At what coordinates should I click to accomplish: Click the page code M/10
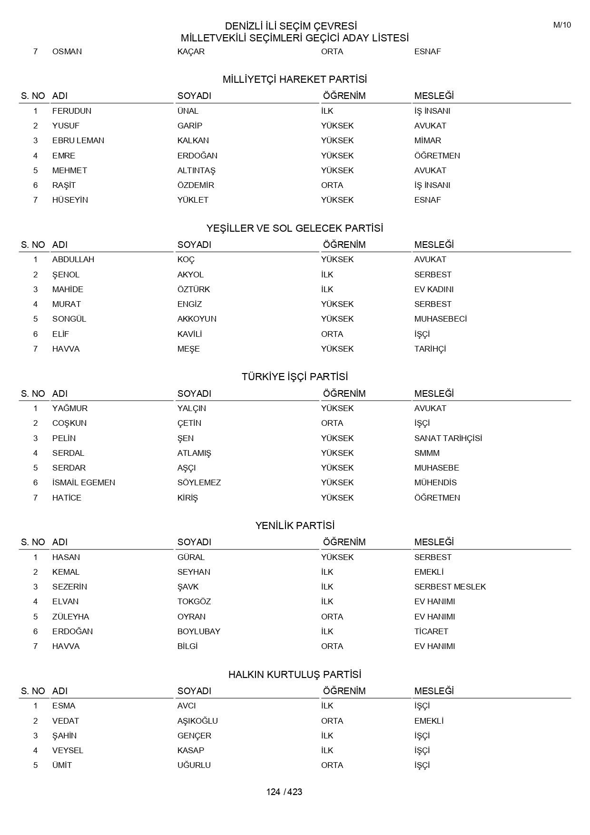pyautogui.click(x=561, y=25)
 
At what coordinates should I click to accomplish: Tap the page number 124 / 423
pyautogui.click(x=284, y=792)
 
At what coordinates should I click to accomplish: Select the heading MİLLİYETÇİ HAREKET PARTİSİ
pyautogui.click(x=295, y=79)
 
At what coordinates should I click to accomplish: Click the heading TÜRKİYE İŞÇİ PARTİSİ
pyautogui.click(x=295, y=377)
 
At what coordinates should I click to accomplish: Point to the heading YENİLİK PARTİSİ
pyautogui.click(x=295, y=526)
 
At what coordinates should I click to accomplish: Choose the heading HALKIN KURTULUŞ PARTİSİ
pyautogui.click(x=295, y=675)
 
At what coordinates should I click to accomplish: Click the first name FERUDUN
pyautogui.click(x=72, y=111)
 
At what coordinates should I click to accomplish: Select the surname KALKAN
pyautogui.click(x=193, y=140)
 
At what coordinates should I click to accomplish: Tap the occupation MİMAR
pyautogui.click(x=428, y=140)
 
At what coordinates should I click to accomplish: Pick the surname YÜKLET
pyautogui.click(x=193, y=200)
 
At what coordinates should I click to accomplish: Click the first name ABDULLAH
pyautogui.click(x=73, y=259)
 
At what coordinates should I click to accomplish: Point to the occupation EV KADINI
pyautogui.click(x=434, y=289)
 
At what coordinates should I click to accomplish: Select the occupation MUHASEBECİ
pyautogui.click(x=441, y=319)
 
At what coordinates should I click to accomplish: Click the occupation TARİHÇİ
pyautogui.click(x=430, y=349)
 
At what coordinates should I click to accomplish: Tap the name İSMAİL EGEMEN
pyautogui.click(x=84, y=482)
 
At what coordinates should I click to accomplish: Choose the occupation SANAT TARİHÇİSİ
pyautogui.click(x=448, y=438)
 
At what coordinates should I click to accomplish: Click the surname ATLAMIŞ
pyautogui.click(x=194, y=453)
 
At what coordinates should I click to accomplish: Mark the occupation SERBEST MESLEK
pyautogui.click(x=450, y=587)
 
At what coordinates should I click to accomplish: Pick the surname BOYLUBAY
pyautogui.click(x=199, y=631)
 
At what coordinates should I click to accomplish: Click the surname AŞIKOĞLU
pyautogui.click(x=197, y=721)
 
